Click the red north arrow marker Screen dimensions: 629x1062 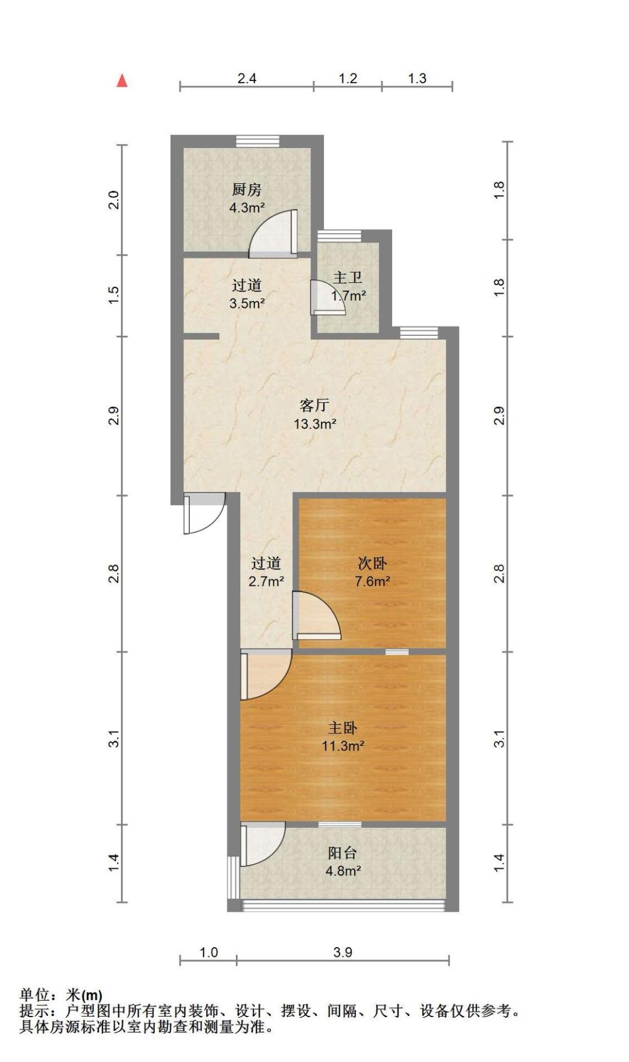122,80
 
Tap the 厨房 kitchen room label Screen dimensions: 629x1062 246,189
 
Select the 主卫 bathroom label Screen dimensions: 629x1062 347,277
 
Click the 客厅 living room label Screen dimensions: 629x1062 314,405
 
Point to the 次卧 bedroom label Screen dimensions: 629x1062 372,563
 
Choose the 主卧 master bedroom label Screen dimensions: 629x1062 342,727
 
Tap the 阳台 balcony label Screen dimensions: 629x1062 342,853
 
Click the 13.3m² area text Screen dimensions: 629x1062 314,424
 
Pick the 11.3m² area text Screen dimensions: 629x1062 342,745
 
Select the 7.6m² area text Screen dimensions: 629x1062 372,581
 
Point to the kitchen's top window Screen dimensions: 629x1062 257,141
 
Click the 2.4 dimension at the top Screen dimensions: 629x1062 247,78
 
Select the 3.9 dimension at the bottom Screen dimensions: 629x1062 343,952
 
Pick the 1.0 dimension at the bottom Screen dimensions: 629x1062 209,952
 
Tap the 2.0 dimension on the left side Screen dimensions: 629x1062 114,200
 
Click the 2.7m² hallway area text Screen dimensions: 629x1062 266,581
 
